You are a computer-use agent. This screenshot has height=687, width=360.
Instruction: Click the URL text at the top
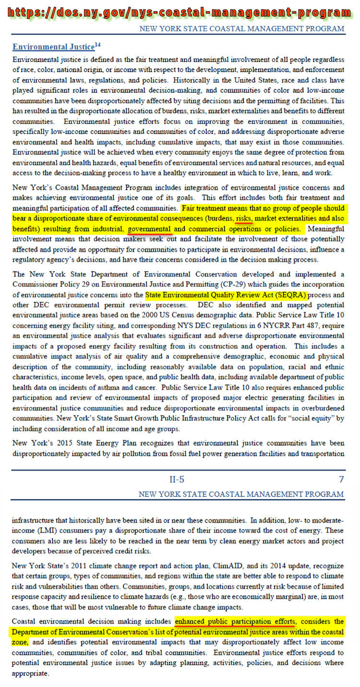click(180, 12)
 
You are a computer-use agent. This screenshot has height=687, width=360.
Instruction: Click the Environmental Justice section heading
click(53, 47)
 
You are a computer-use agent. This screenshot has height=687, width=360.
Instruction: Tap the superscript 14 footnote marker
click(97, 45)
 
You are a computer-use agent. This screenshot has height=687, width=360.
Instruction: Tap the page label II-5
click(176, 479)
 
